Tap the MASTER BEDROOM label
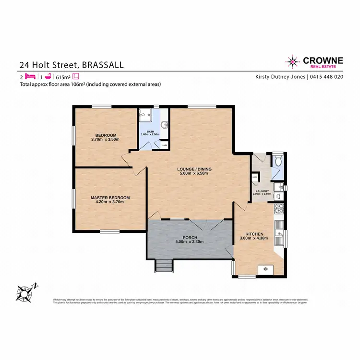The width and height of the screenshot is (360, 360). click(x=110, y=197)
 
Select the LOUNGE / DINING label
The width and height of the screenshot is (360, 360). click(x=194, y=169)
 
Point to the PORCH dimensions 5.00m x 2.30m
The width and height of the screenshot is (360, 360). click(x=191, y=242)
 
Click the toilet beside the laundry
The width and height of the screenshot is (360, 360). click(x=278, y=161)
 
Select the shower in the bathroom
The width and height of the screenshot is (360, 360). click(x=145, y=116)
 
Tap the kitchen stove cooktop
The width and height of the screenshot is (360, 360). click(x=278, y=209)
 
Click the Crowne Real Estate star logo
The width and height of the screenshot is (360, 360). click(x=292, y=61)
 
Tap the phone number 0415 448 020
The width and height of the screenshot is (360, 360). click(x=326, y=76)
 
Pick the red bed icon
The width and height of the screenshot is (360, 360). click(x=31, y=76)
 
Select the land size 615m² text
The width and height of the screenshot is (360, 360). click(x=63, y=76)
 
